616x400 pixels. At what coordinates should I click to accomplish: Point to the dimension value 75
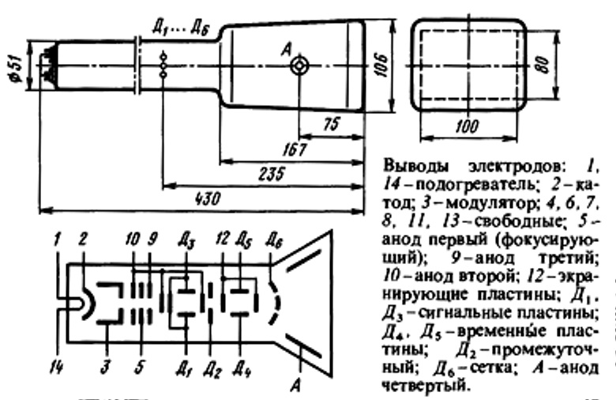(x=333, y=125)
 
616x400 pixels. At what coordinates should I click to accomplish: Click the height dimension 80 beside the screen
(x=541, y=65)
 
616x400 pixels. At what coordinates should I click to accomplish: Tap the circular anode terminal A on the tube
(x=299, y=67)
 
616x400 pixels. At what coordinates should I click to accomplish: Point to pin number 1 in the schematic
(x=58, y=236)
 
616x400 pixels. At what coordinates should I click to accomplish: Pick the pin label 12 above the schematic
(x=223, y=236)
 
